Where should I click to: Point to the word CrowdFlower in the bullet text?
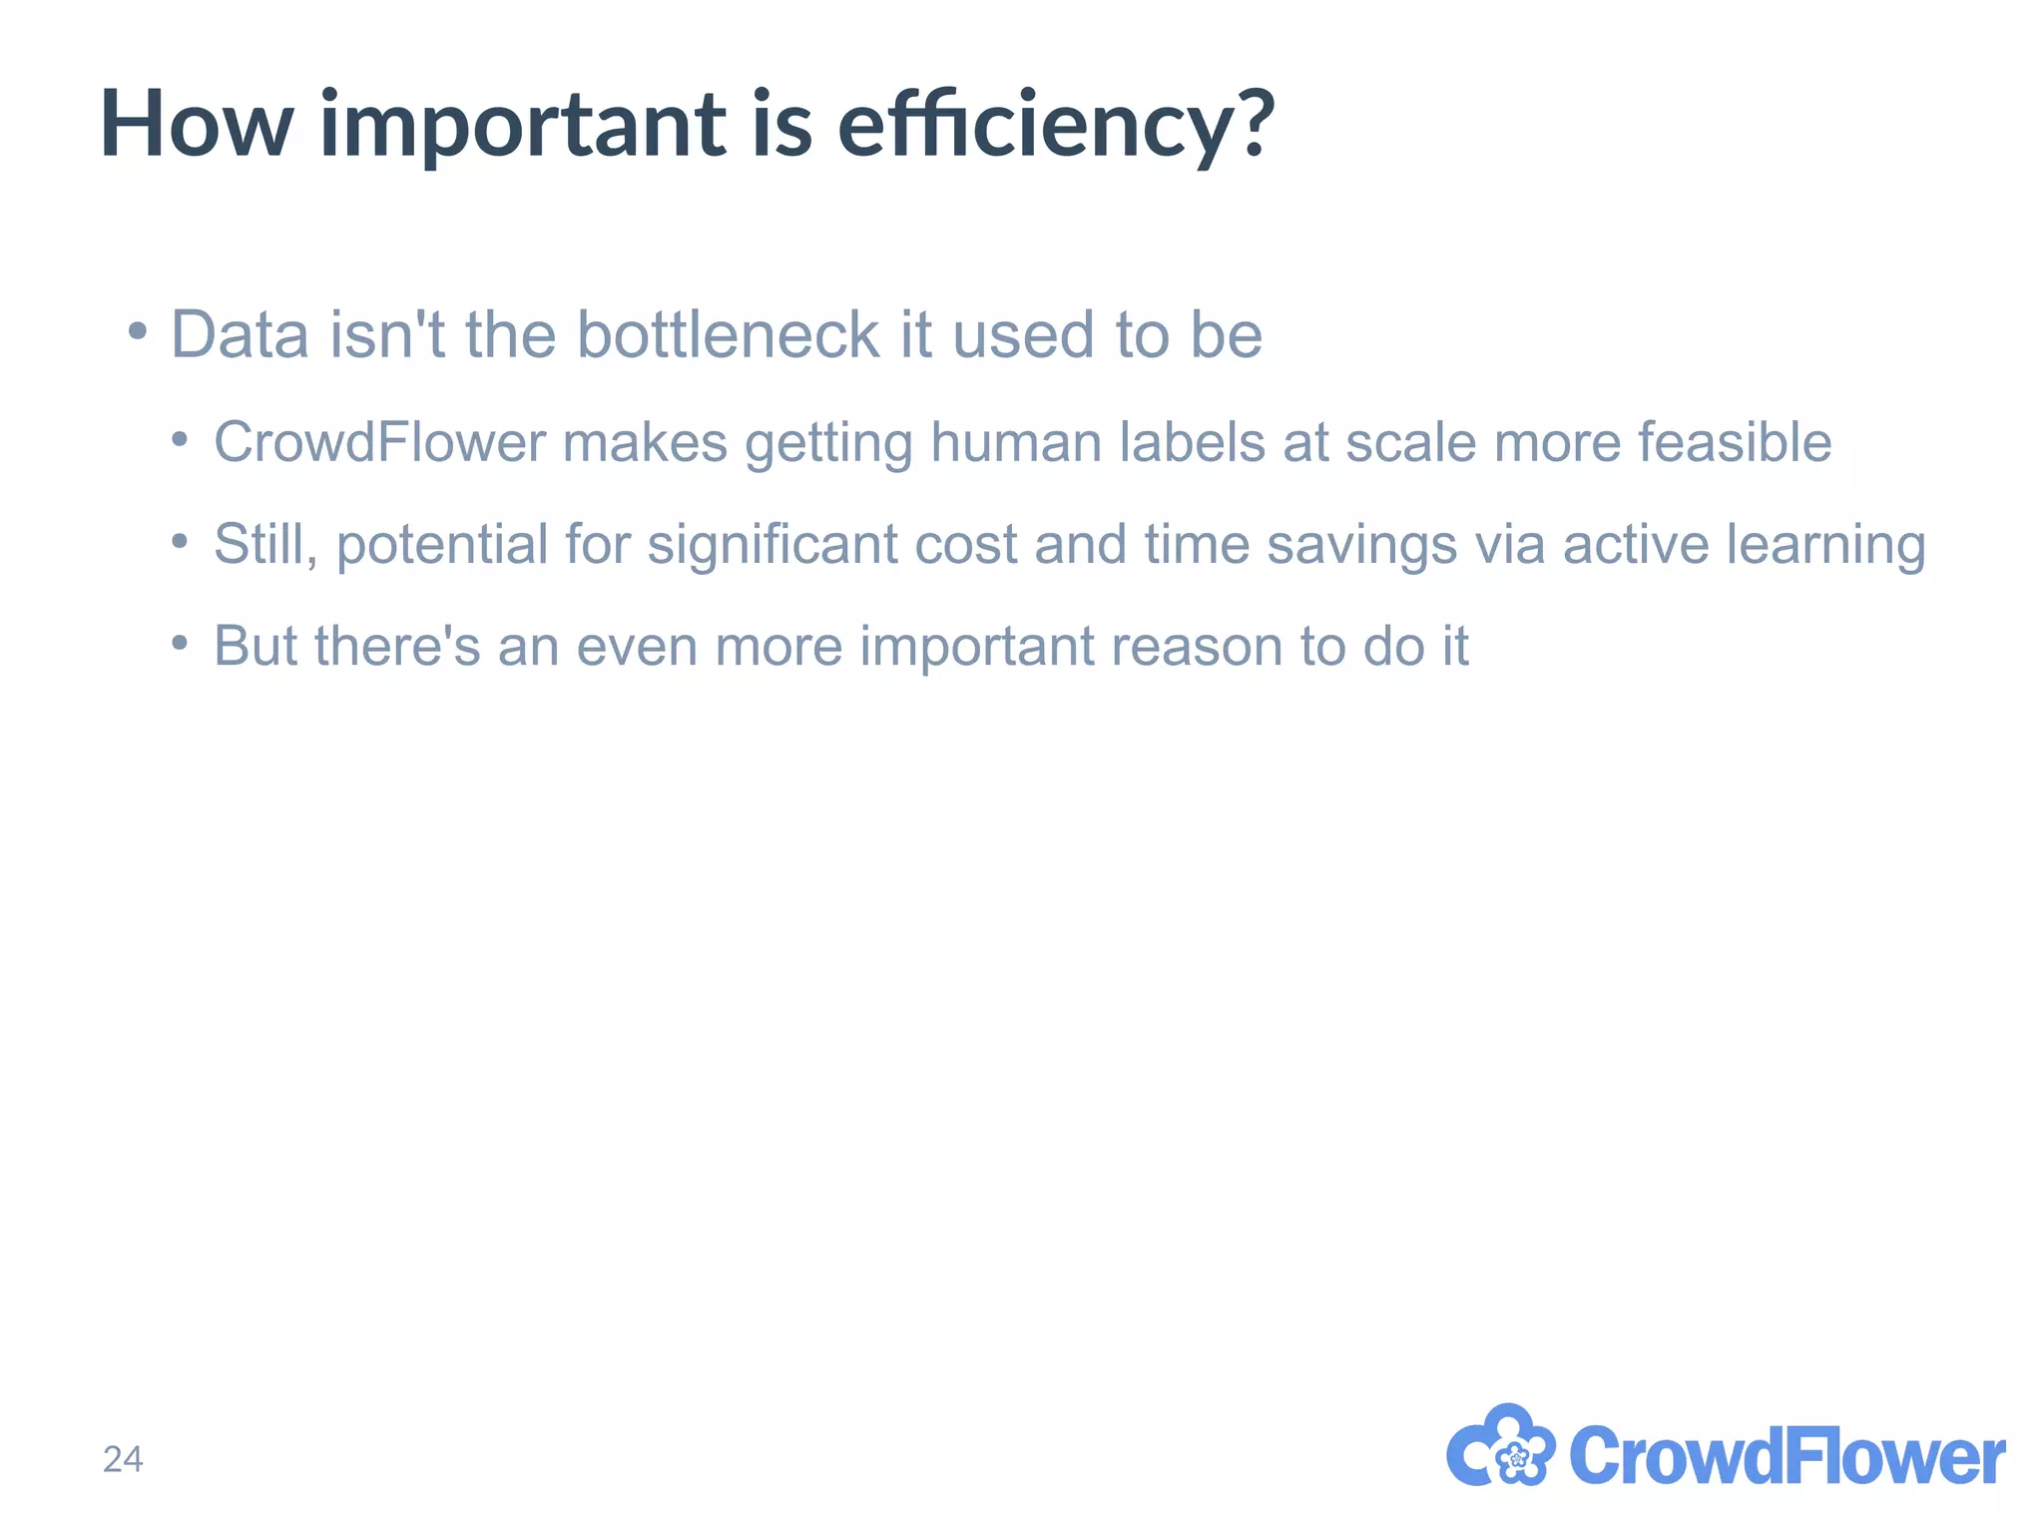tap(379, 442)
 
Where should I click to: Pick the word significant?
tap(772, 545)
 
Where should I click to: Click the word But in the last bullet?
tap(255, 646)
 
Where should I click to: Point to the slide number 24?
tap(123, 1459)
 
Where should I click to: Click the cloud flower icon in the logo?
tap(1500, 1447)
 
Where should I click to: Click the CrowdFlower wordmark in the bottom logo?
tap(1787, 1456)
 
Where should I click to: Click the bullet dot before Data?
tap(138, 330)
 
